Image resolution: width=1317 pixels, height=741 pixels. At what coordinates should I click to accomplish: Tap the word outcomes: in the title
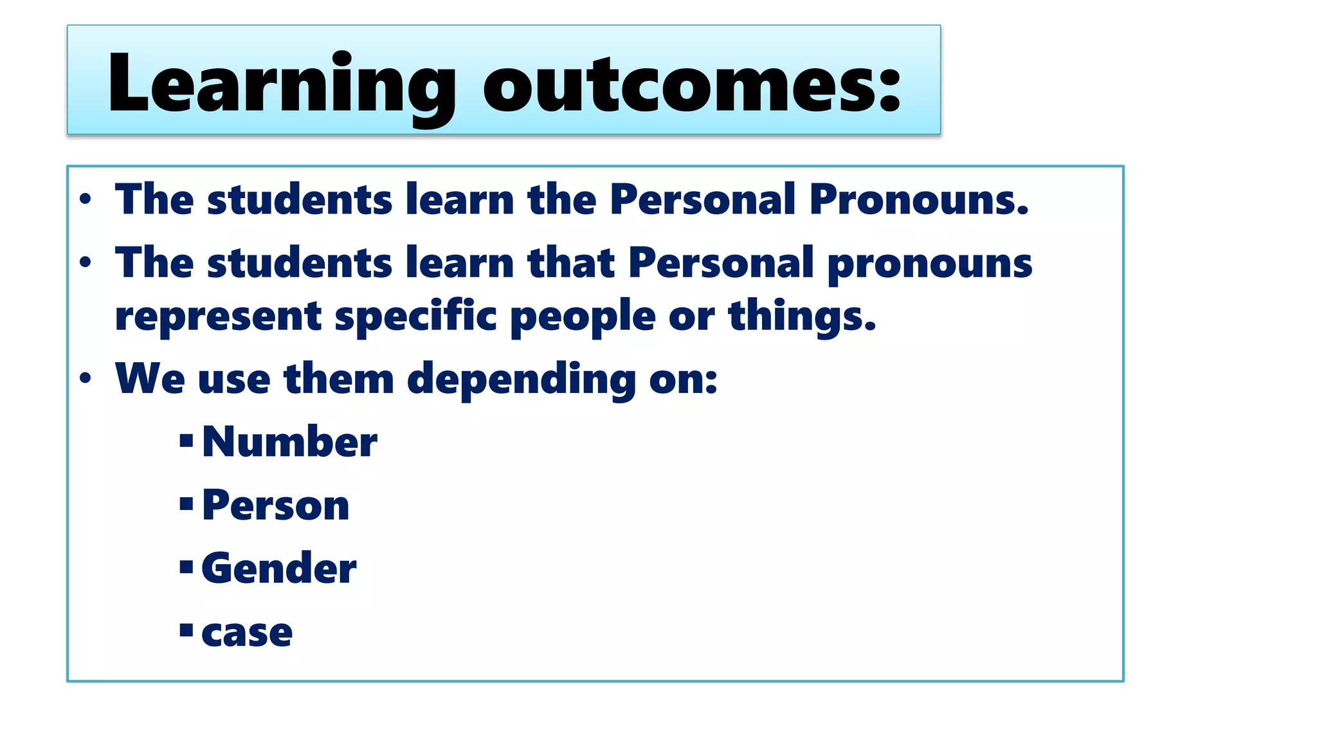(x=692, y=84)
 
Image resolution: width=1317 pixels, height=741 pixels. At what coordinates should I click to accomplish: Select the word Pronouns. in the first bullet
(x=919, y=199)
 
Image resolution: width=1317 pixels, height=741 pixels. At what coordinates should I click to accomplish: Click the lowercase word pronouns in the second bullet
(x=929, y=264)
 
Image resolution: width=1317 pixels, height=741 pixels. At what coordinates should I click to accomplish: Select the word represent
(x=218, y=317)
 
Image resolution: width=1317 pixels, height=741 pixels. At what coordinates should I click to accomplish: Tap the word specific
(x=415, y=317)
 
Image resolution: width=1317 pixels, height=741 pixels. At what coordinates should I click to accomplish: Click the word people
(x=583, y=317)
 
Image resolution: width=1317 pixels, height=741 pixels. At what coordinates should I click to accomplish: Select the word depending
(x=522, y=380)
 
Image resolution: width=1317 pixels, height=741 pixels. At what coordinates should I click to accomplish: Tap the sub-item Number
(x=289, y=442)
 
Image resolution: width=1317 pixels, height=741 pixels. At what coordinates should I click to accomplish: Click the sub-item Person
(x=275, y=506)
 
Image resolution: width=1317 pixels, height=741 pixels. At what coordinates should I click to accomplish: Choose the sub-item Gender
(x=278, y=569)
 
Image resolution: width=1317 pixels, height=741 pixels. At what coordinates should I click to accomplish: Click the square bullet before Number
(x=186, y=441)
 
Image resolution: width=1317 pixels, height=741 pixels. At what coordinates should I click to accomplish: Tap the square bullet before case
(x=186, y=630)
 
